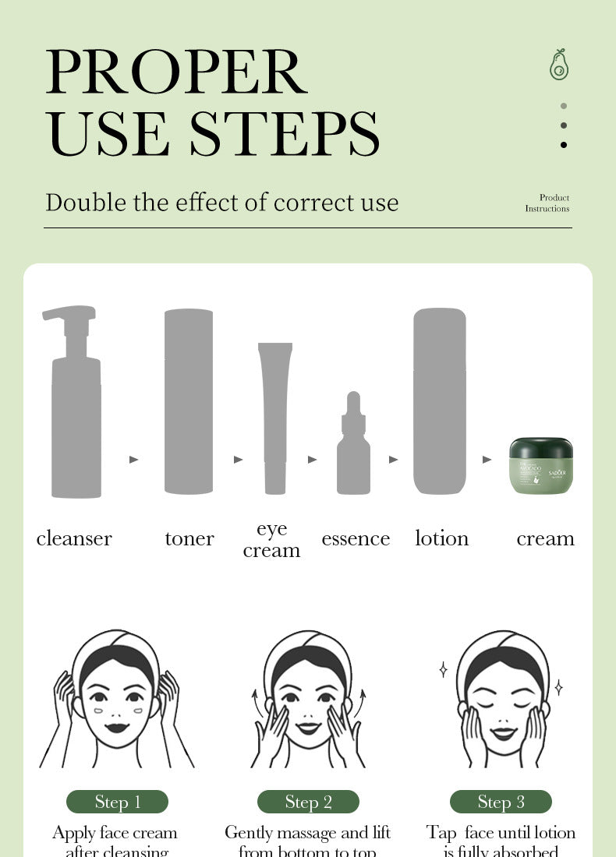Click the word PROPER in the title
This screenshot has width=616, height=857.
pyautogui.click(x=176, y=72)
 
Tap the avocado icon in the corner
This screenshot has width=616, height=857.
pyautogui.click(x=558, y=65)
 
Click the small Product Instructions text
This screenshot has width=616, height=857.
pyautogui.click(x=547, y=203)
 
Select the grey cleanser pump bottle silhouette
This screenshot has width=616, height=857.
pyautogui.click(x=76, y=421)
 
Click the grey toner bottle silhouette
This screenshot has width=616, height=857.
pyautogui.click(x=189, y=401)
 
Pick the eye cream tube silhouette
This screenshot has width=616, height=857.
pyautogui.click(x=275, y=417)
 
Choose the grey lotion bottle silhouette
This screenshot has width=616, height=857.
pyautogui.click(x=439, y=401)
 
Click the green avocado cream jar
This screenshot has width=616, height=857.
pyautogui.click(x=541, y=466)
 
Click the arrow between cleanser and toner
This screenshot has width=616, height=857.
pyautogui.click(x=134, y=460)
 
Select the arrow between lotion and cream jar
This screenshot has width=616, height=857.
pyautogui.click(x=487, y=460)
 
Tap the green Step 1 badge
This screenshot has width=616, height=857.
pyautogui.click(x=118, y=802)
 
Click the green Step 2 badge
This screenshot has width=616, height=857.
pyautogui.click(x=308, y=802)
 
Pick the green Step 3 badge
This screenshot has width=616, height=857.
pyautogui.click(x=501, y=802)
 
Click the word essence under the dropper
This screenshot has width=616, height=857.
pyautogui.click(x=356, y=538)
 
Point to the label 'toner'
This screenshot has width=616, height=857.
pyautogui.click(x=189, y=538)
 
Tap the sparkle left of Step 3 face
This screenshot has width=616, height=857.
pyautogui.click(x=443, y=669)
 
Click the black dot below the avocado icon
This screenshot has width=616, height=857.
pyautogui.click(x=564, y=144)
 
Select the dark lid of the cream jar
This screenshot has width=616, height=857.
pyautogui.click(x=541, y=448)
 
